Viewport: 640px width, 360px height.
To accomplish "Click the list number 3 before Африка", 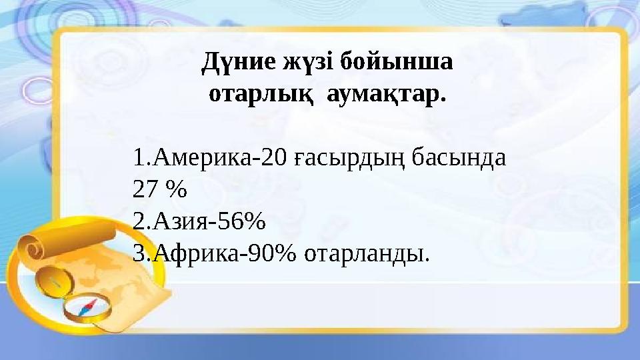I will pos(139,253).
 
